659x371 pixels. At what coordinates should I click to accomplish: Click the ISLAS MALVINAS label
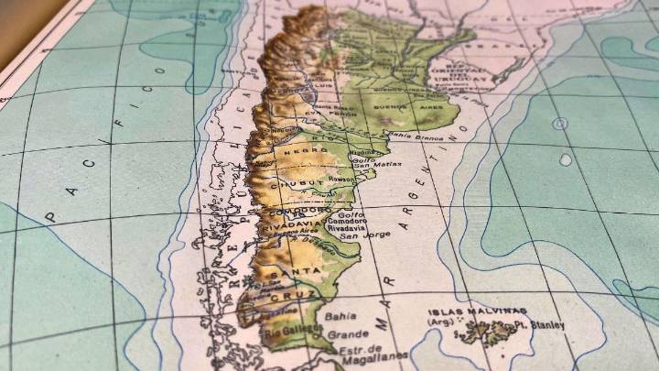477,311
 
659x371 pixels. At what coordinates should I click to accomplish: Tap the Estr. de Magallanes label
365,352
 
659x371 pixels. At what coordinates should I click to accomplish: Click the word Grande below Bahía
349,333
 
